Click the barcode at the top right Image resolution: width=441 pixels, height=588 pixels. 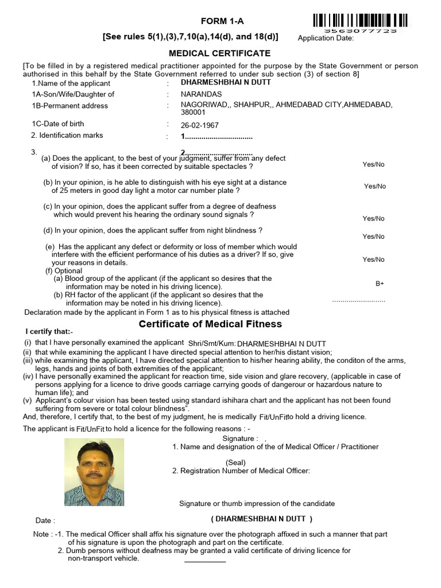(361, 21)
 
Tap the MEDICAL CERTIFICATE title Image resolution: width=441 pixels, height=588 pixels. (219, 53)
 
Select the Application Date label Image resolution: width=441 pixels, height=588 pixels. (326, 38)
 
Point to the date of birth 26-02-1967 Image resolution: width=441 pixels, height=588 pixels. (200, 125)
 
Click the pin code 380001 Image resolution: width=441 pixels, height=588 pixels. (193, 113)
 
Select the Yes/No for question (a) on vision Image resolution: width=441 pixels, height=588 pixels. (373, 165)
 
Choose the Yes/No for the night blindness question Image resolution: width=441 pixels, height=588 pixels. (373, 237)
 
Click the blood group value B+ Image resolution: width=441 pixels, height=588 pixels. (380, 284)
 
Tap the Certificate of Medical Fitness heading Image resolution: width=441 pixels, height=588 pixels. (211, 324)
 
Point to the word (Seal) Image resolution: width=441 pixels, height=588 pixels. (235, 462)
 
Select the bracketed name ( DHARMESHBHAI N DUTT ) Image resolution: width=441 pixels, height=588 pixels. (262, 519)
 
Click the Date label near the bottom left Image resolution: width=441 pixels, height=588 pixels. (45, 521)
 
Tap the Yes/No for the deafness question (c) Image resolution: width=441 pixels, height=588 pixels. (373, 218)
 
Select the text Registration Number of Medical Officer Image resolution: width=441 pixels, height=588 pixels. (245, 471)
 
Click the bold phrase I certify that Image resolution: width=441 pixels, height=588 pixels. (49, 332)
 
